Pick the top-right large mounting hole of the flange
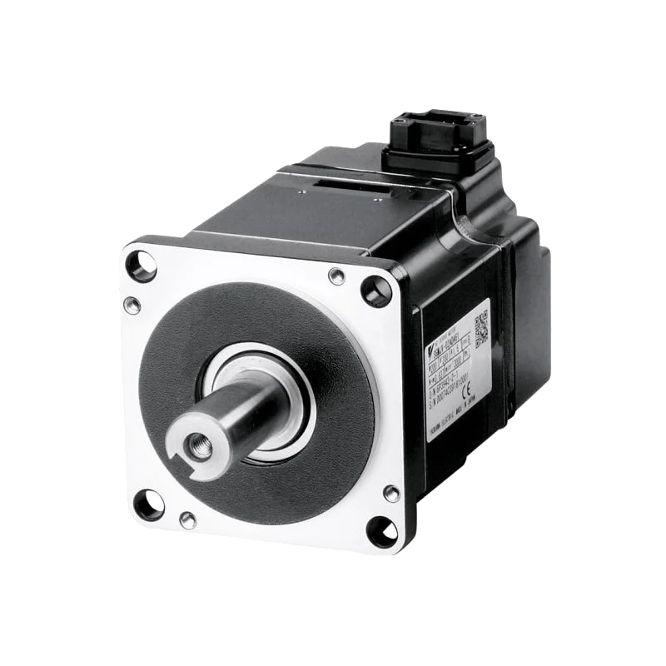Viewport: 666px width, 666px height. point(376,291)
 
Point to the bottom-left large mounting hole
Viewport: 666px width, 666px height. point(149,504)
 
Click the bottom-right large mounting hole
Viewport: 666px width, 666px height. point(382,530)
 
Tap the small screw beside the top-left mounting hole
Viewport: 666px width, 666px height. point(132,305)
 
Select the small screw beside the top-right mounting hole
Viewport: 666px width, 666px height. point(336,276)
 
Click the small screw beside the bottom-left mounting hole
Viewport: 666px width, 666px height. point(188,520)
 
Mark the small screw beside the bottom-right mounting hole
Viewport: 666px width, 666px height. point(390,494)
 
